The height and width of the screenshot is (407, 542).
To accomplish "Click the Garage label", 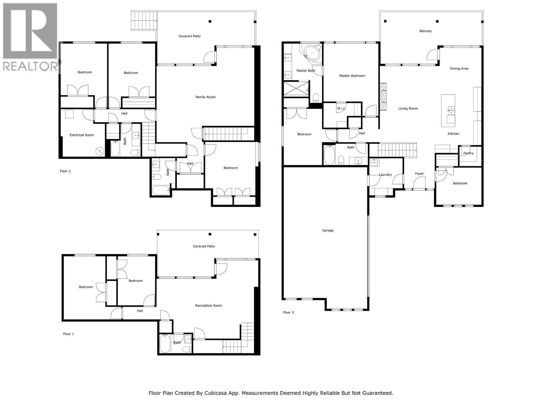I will pyautogui.click(x=328, y=230).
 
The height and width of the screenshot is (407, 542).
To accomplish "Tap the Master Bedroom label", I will pyautogui.click(x=352, y=76).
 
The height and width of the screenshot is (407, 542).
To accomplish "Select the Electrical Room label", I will pyautogui.click(x=82, y=135).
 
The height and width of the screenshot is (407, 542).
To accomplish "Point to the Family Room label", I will pyautogui.click(x=205, y=97).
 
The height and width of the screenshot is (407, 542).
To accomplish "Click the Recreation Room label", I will pyautogui.click(x=208, y=306).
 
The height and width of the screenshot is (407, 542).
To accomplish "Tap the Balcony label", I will pyautogui.click(x=425, y=31).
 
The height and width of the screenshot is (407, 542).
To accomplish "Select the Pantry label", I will pyautogui.click(x=468, y=153).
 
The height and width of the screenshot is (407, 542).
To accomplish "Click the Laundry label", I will pyautogui.click(x=385, y=175).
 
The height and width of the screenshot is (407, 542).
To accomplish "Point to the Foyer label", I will pyautogui.click(x=419, y=174).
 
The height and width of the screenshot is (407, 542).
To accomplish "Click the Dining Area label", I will pyautogui.click(x=459, y=69).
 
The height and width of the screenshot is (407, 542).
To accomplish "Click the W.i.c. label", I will pyautogui.click(x=341, y=109).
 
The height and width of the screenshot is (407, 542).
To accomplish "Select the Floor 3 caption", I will pyautogui.click(x=288, y=312).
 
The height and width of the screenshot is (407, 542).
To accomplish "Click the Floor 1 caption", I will pyautogui.click(x=68, y=334).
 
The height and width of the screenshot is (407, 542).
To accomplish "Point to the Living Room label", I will pyautogui.click(x=408, y=109).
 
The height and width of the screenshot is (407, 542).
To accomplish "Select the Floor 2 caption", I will pyautogui.click(x=65, y=171).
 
